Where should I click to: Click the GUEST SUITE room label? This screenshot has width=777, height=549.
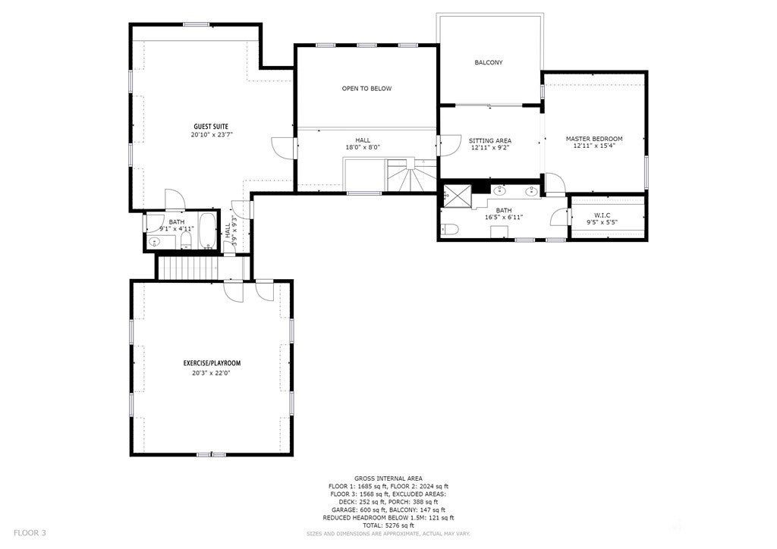tap(211, 127)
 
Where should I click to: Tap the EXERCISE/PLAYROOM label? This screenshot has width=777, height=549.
tap(212, 363)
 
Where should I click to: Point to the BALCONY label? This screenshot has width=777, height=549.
tap(489, 62)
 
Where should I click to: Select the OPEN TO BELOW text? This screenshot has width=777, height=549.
tap(366, 89)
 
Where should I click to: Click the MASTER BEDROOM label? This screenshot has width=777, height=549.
tap(594, 139)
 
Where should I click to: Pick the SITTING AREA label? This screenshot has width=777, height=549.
tap(490, 140)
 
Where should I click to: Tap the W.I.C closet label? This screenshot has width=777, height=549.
tap(602, 215)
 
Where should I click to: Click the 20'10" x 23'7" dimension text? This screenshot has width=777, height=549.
tap(212, 135)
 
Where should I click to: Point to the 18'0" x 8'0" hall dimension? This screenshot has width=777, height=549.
tap(363, 147)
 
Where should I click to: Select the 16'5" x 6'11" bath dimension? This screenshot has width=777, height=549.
tap(504, 218)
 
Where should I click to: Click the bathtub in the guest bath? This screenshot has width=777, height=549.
tap(208, 231)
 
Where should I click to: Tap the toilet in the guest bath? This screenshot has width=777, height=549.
tap(186, 240)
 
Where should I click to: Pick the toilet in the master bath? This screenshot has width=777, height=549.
tap(450, 229)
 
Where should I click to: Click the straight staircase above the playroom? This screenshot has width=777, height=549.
tap(187, 268)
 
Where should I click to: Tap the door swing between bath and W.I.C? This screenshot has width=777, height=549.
tap(559, 217)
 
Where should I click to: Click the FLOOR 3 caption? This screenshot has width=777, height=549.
tap(30, 533)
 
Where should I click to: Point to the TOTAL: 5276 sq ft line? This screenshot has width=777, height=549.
tap(388, 525)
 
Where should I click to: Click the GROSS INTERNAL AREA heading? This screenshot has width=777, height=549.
tap(388, 478)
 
